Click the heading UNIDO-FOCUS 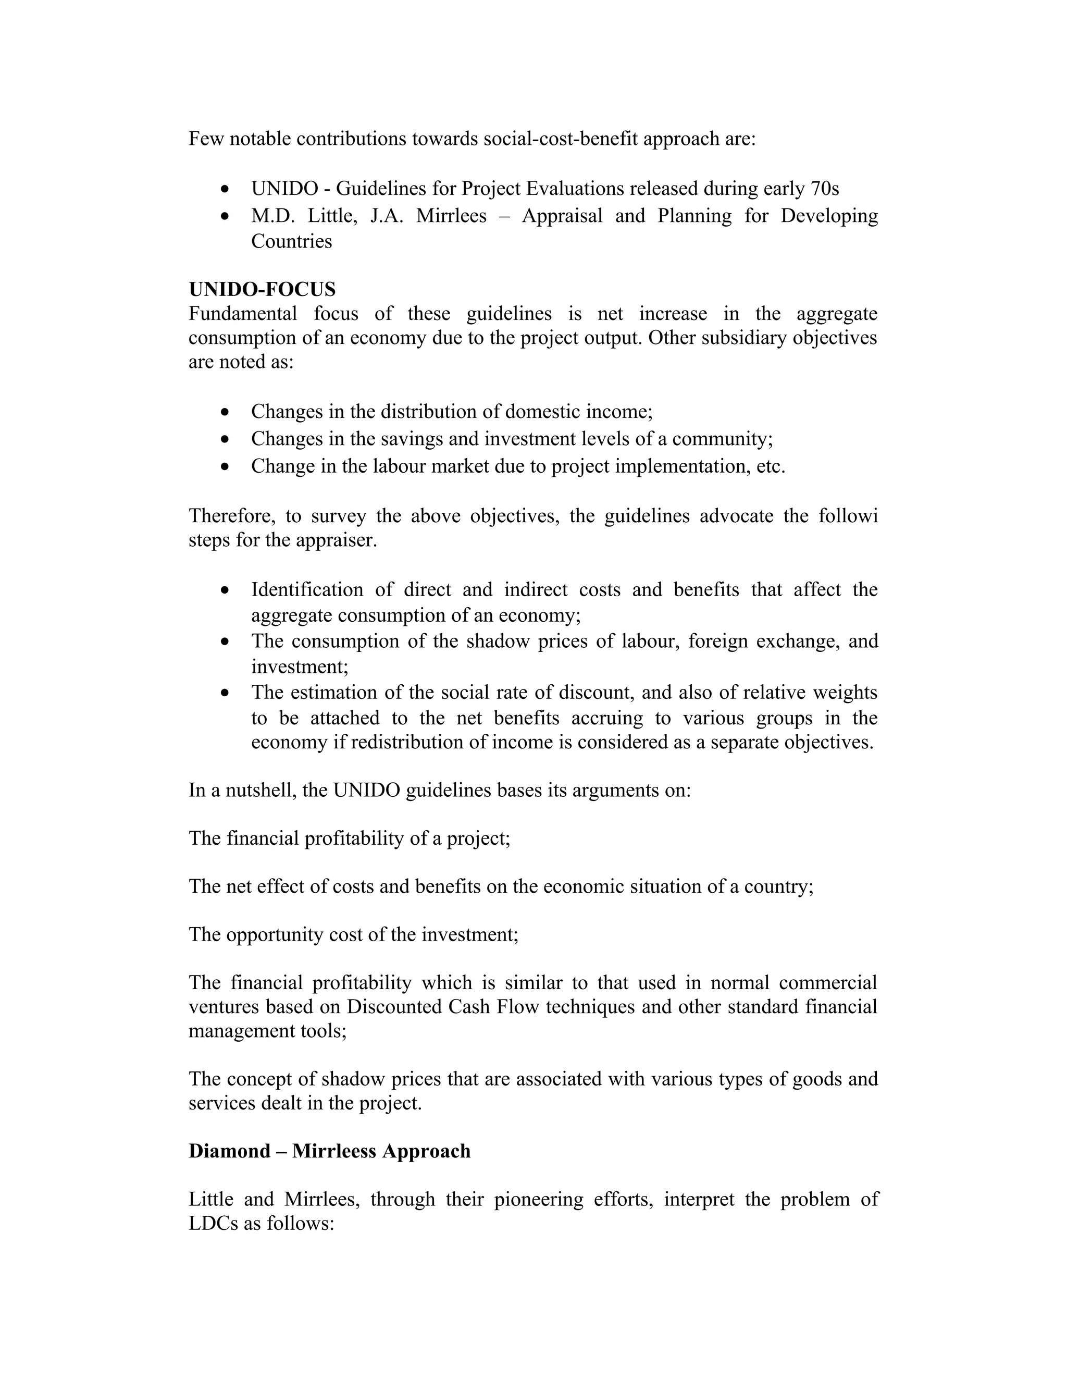[x=262, y=289]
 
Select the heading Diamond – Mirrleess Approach [x=329, y=1150]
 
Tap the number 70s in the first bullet [x=824, y=189]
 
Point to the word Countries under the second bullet [x=291, y=241]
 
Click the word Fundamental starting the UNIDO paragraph [x=242, y=314]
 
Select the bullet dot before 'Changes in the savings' [x=226, y=439]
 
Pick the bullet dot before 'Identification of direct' [x=226, y=590]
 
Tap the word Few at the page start [x=206, y=139]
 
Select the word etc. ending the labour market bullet [x=771, y=466]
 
